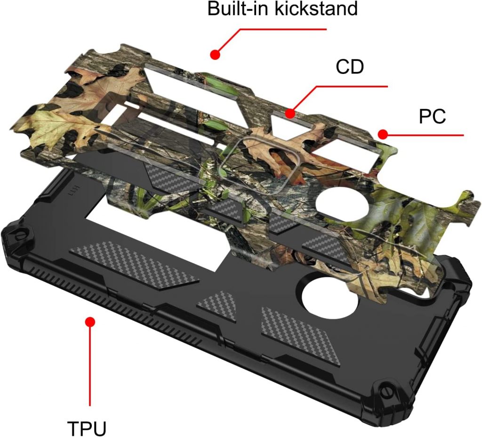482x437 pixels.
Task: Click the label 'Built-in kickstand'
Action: coord(282,8)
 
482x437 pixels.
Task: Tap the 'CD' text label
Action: coord(350,66)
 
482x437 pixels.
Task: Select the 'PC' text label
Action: coord(432,116)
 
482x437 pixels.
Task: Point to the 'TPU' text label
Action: coord(87,428)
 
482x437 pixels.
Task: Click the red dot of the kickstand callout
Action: coord(215,55)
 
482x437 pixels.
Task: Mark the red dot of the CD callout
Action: coord(290,113)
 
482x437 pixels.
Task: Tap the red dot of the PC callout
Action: coord(383,134)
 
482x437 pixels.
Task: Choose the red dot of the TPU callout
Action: coord(90,322)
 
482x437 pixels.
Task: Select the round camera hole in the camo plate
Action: coord(343,205)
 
